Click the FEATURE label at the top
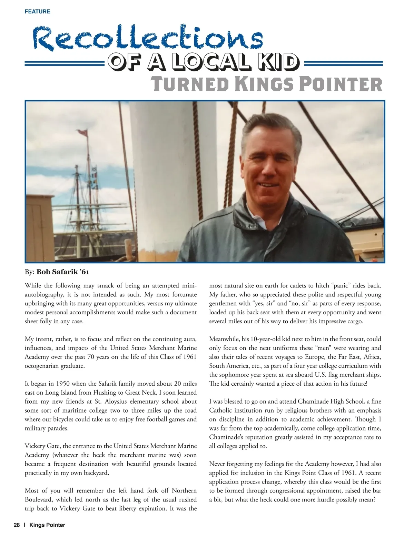click(x=37, y=11)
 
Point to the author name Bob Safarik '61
click(x=63, y=272)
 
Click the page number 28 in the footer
click(x=17, y=525)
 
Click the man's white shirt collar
click(x=258, y=224)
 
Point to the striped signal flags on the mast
click(x=94, y=178)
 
